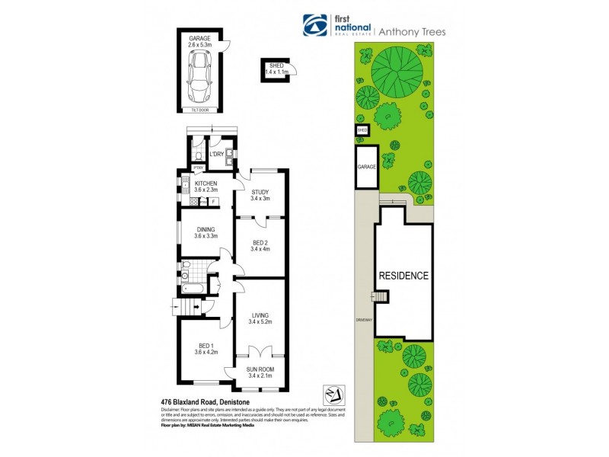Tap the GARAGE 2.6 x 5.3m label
(x=200, y=41)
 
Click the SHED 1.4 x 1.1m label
(x=276, y=69)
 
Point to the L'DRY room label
(x=216, y=155)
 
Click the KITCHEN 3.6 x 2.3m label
(x=206, y=187)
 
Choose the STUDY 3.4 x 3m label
(x=260, y=195)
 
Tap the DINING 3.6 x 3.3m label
(x=206, y=232)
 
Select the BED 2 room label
(x=260, y=245)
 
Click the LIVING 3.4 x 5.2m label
(x=260, y=318)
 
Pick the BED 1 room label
(x=206, y=350)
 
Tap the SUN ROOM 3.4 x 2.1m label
(x=260, y=372)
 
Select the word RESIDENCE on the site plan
(x=403, y=276)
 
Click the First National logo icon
(x=314, y=26)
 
